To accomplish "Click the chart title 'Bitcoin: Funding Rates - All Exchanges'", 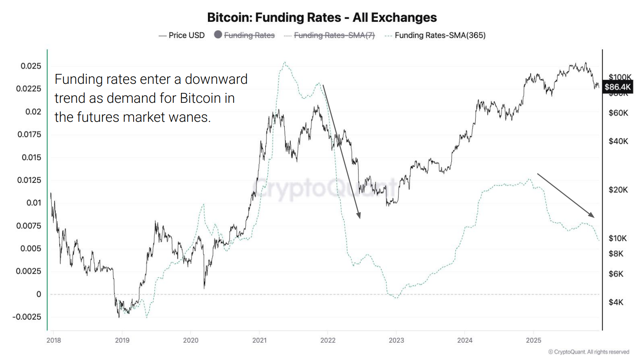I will click(x=322, y=17).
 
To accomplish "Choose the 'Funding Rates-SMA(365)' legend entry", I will click(x=440, y=36).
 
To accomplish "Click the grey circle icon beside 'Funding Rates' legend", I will click(x=218, y=35).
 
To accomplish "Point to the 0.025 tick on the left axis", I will click(x=31, y=66).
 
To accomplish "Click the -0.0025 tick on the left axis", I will click(x=27, y=317).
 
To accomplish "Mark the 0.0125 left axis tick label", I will click(x=29, y=180).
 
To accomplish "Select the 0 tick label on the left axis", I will click(x=39, y=294).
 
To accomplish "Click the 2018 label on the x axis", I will click(x=54, y=340).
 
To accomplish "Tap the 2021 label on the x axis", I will click(x=259, y=340).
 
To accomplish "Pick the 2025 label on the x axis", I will click(x=533, y=340).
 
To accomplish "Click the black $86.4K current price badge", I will click(x=618, y=87).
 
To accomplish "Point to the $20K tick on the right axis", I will click(x=618, y=190).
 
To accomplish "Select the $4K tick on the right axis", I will click(x=616, y=302).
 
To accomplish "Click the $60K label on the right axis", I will click(x=618, y=113).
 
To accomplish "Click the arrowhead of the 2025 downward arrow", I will click(x=592, y=215).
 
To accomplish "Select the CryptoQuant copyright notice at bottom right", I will click(x=589, y=352).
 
